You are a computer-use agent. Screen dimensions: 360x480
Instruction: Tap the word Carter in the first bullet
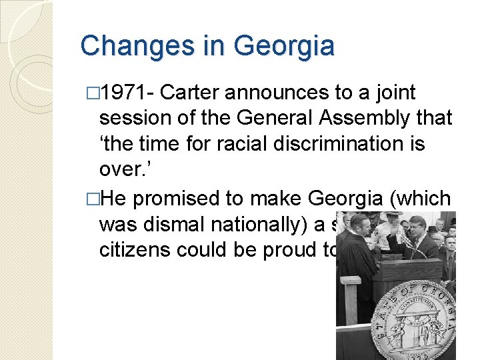tap(191, 93)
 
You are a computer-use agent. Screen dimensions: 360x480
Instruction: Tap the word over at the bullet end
tap(121, 169)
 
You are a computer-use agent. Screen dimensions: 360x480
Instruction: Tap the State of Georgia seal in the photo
tap(407, 321)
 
